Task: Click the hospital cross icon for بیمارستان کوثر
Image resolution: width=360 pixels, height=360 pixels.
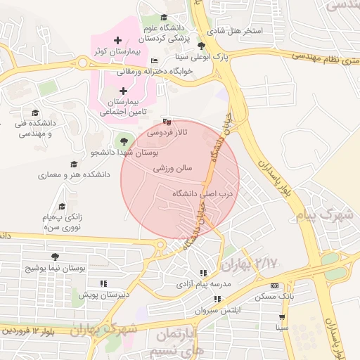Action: coord(117,41)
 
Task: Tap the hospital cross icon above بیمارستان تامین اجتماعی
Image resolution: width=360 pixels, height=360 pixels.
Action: coord(124,91)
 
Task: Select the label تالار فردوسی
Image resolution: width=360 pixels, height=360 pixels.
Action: coord(167,132)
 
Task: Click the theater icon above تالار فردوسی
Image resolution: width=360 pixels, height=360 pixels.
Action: coord(166,121)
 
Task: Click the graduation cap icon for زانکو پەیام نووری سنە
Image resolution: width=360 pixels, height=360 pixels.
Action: coord(62,207)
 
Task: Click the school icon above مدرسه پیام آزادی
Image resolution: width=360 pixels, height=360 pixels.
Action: coord(203,273)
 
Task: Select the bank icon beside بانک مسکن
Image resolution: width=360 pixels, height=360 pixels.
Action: coord(274,285)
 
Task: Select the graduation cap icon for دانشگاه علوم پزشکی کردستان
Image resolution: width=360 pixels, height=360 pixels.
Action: coord(164,18)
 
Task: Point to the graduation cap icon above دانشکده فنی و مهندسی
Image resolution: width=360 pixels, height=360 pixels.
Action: coord(34,113)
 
